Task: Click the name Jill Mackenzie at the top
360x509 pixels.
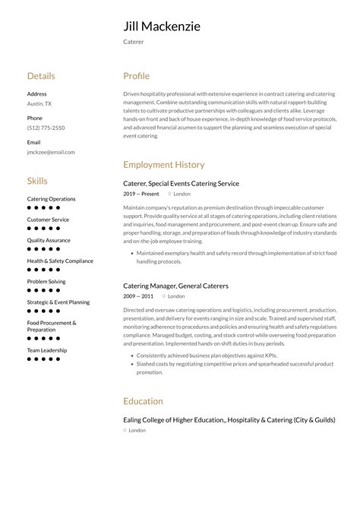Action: (x=162, y=27)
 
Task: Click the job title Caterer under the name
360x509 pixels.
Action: (x=133, y=42)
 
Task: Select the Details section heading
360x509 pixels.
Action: (x=41, y=76)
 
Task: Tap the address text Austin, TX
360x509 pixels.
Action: (x=39, y=103)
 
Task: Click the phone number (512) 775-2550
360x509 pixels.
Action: (x=46, y=128)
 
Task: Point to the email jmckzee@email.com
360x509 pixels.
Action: (x=51, y=152)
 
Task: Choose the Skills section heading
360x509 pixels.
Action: (x=37, y=181)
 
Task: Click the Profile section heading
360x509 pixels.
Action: (x=136, y=76)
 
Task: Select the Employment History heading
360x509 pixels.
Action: (x=163, y=164)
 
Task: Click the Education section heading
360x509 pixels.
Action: (x=143, y=401)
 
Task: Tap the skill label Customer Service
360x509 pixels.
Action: (x=48, y=220)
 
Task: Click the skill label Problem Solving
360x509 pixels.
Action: (x=46, y=281)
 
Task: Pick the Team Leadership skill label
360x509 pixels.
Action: (x=47, y=350)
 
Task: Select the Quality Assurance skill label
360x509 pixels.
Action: (x=49, y=240)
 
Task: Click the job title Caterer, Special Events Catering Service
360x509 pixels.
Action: (x=181, y=183)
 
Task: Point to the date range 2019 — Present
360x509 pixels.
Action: (x=141, y=194)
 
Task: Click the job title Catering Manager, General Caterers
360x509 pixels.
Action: (x=175, y=286)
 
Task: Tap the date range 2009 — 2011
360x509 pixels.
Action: (x=138, y=296)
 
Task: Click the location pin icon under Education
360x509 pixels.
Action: (x=125, y=430)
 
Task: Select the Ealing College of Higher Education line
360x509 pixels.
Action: (x=229, y=419)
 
